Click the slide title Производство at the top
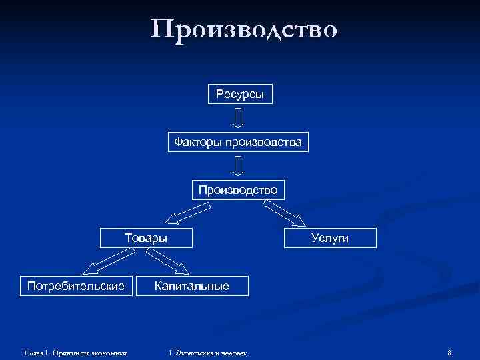click(x=244, y=30)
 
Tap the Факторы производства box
click(x=238, y=142)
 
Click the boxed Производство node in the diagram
click(x=238, y=190)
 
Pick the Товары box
click(x=146, y=238)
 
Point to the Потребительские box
click(x=76, y=286)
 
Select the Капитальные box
click(x=192, y=286)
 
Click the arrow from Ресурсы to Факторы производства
click(x=239, y=118)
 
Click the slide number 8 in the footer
click(x=450, y=352)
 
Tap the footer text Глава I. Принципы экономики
click(x=75, y=352)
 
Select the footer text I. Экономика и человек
click(x=208, y=352)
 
